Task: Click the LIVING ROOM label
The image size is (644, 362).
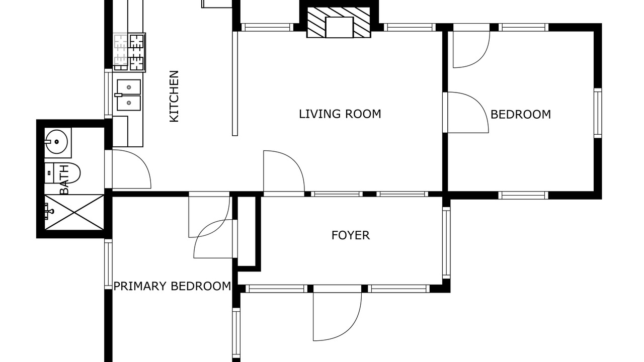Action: [x=340, y=114]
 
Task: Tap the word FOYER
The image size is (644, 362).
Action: [x=351, y=235]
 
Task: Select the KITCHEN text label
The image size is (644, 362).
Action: [x=174, y=96]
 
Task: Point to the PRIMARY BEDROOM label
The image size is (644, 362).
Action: [x=172, y=286]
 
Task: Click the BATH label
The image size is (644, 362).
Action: [x=64, y=179]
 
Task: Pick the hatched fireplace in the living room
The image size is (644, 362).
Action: [x=339, y=22]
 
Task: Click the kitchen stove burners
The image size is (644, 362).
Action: [x=129, y=52]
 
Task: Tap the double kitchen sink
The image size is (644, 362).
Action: [x=128, y=95]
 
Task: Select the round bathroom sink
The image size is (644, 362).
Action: [x=57, y=142]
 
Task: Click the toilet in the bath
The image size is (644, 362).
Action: [x=62, y=173]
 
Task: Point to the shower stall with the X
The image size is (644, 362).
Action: [x=74, y=212]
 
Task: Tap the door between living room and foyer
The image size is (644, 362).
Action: [x=284, y=173]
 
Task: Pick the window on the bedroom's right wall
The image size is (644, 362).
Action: [x=598, y=113]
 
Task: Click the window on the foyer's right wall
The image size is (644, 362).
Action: [x=446, y=243]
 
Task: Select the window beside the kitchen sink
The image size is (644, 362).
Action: [x=108, y=94]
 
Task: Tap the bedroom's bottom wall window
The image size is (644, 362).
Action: [x=523, y=196]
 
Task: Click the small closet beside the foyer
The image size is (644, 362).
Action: [x=247, y=232]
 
